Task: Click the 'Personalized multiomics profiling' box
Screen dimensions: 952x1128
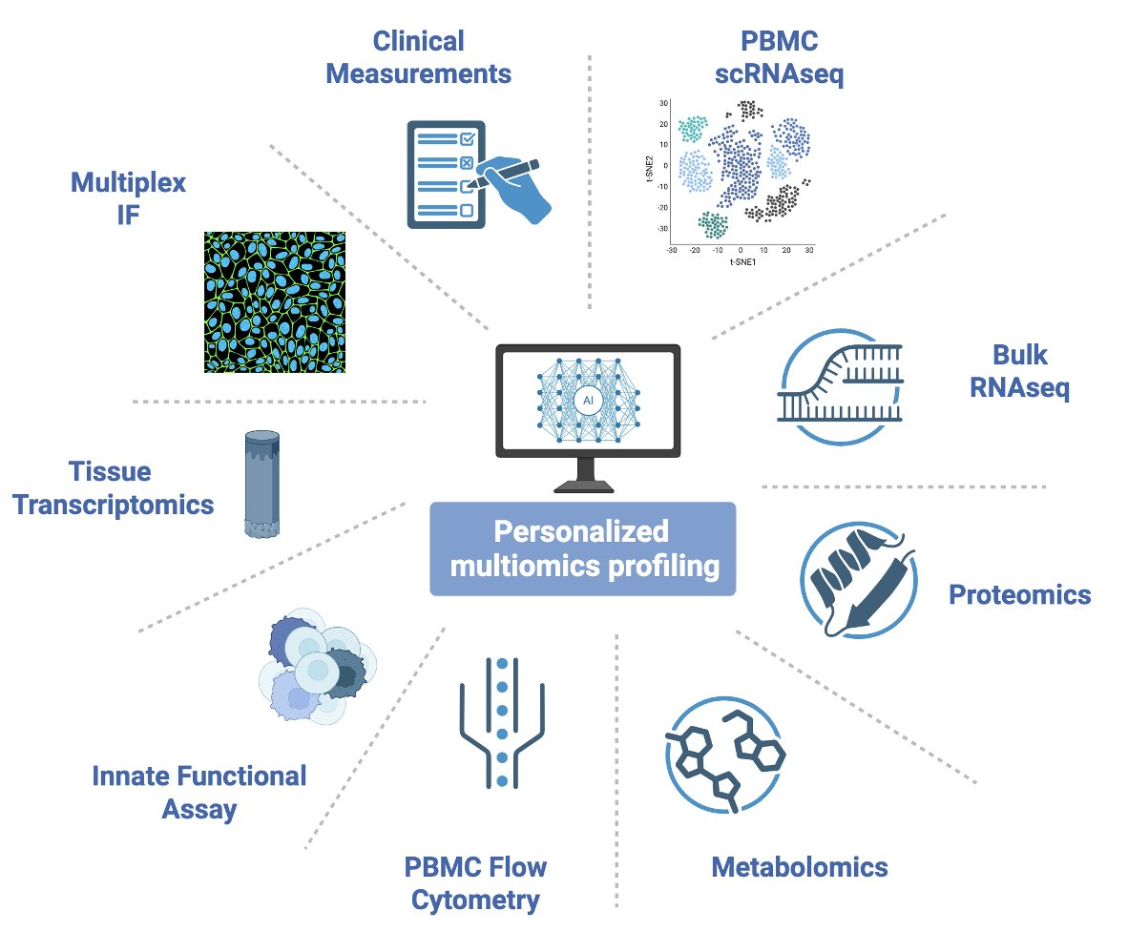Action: click(582, 548)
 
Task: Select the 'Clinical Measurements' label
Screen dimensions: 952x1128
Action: click(418, 57)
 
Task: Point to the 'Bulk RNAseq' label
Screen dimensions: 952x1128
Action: click(1019, 372)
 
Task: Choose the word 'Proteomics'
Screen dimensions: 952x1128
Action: click(1019, 595)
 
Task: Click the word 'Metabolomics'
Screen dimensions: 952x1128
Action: click(800, 867)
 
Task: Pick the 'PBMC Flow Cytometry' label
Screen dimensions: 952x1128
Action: click(475, 883)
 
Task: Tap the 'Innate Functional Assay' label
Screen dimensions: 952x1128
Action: click(199, 793)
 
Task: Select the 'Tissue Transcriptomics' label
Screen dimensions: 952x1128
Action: click(141, 487)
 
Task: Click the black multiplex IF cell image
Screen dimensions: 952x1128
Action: click(275, 301)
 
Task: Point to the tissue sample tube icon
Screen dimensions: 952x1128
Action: click(260, 486)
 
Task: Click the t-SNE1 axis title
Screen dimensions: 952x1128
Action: click(739, 260)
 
